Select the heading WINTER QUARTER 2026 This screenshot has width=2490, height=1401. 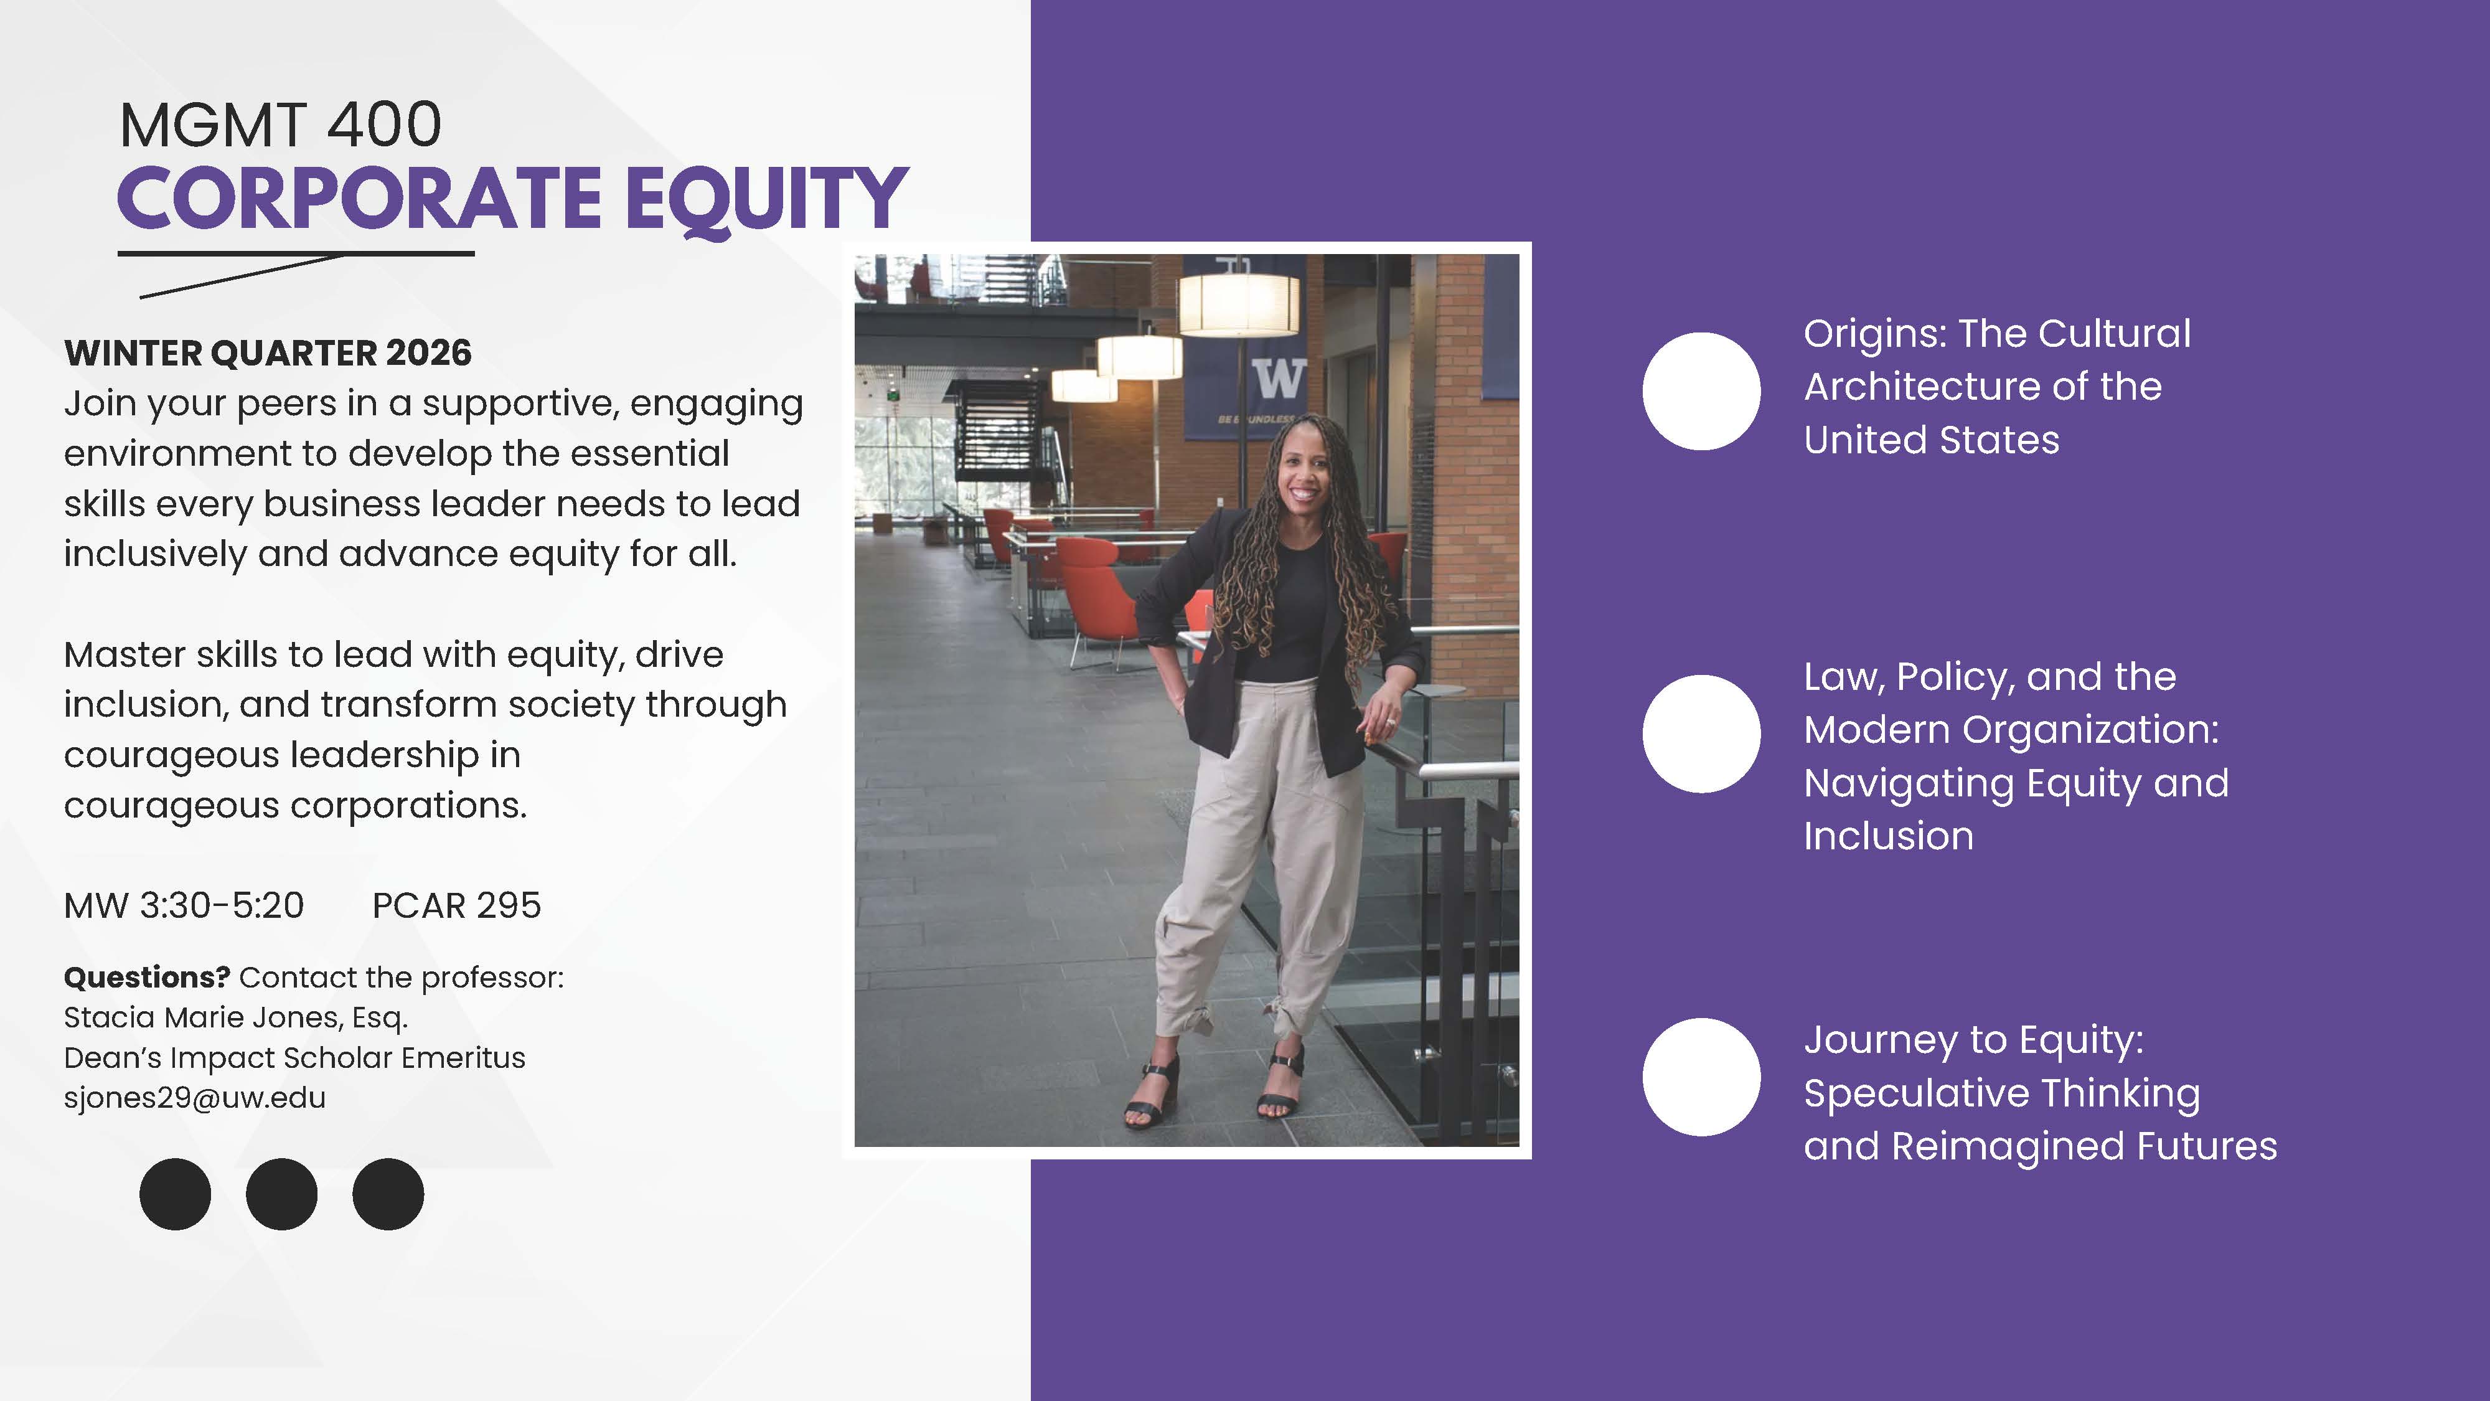tap(268, 353)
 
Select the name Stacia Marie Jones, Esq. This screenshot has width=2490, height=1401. tap(236, 1018)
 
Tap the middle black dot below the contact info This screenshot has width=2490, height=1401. tap(281, 1194)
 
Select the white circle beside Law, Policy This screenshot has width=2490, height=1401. tap(1701, 734)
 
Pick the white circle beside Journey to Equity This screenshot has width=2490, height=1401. tap(1701, 1077)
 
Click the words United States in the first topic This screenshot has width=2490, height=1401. tap(1931, 440)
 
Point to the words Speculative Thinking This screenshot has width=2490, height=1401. tap(2002, 1093)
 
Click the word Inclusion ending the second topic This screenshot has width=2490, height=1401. tap(1889, 836)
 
